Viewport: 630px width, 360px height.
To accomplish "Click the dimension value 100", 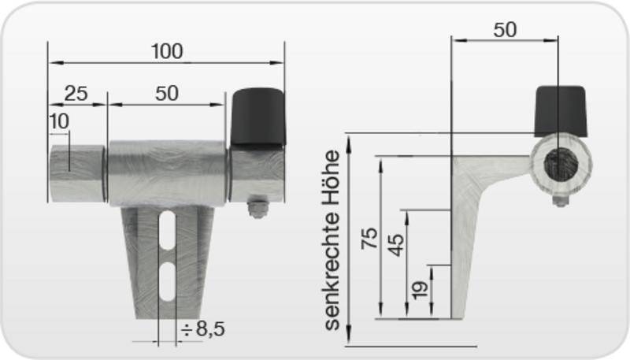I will (166, 51).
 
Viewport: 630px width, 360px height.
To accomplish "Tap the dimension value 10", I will (58, 121).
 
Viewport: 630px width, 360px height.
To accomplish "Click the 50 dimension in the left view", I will (166, 93).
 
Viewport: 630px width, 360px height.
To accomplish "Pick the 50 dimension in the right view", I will (505, 30).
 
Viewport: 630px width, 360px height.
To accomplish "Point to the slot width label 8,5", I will (203, 329).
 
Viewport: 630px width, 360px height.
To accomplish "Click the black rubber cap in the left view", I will (258, 116).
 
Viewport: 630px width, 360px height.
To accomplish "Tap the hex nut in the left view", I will (257, 209).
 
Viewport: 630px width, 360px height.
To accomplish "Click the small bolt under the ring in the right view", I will (560, 201).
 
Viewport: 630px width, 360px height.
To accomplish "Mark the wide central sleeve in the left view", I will (166, 173).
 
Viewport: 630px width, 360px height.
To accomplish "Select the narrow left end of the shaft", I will (76, 173).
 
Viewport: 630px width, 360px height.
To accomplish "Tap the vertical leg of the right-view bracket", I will (465, 252).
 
